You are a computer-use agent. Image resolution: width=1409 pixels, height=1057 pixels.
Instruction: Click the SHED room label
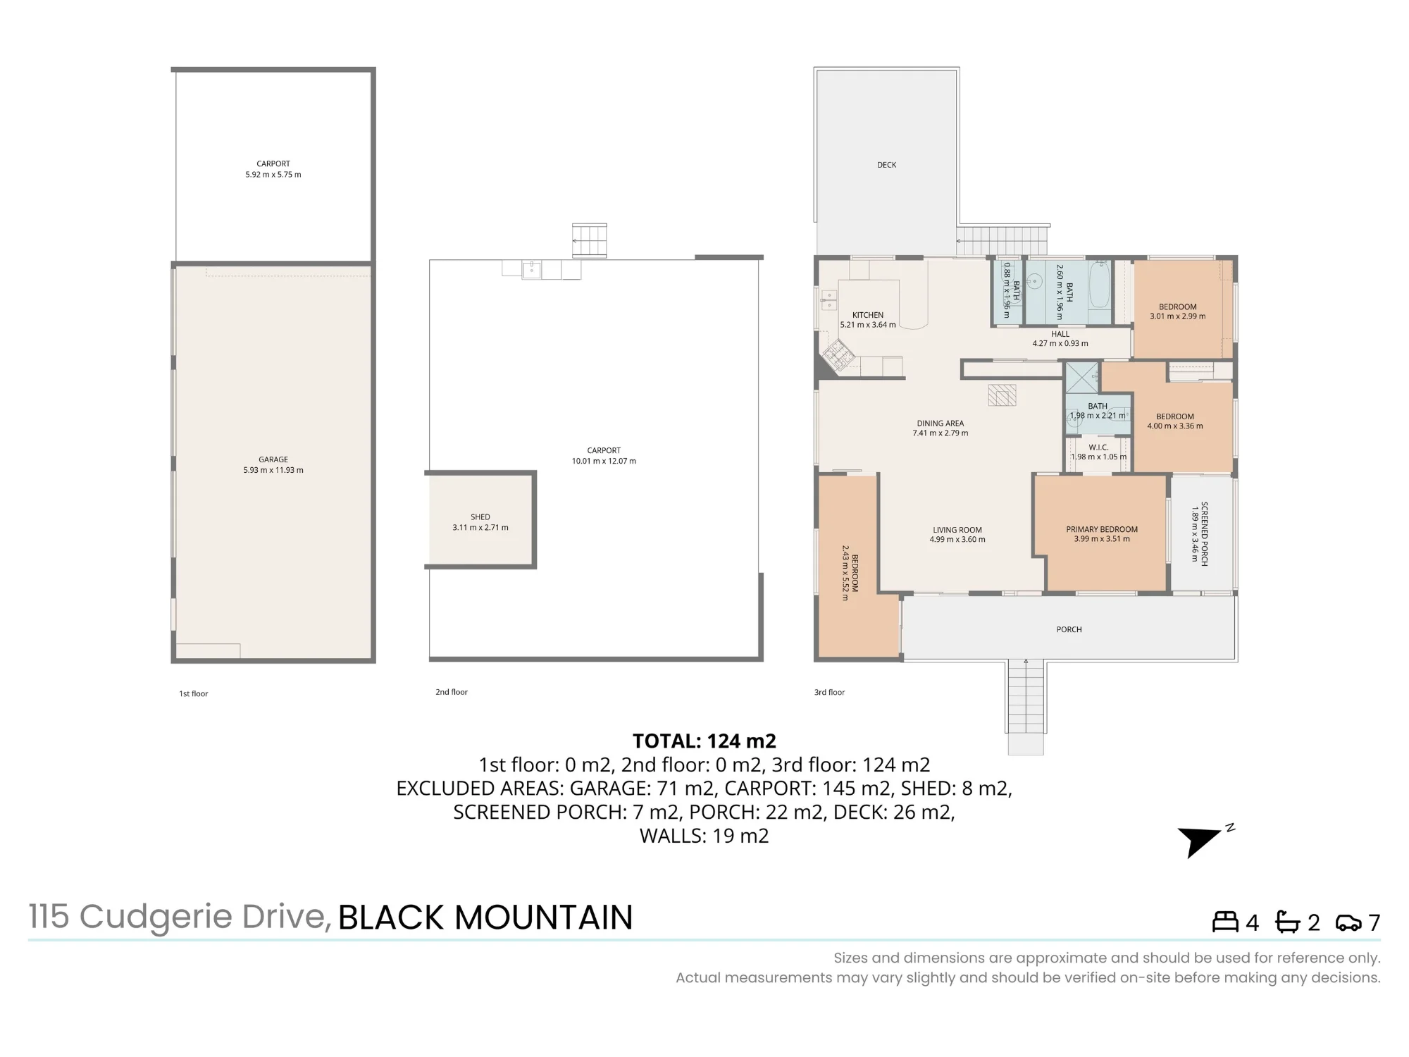(480, 517)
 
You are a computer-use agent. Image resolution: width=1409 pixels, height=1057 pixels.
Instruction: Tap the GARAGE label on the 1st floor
(273, 459)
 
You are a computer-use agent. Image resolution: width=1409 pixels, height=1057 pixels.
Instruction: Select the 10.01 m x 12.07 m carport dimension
(604, 461)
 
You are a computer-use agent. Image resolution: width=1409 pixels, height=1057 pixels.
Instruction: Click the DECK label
(887, 165)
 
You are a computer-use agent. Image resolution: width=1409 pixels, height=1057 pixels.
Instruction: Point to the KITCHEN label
(868, 315)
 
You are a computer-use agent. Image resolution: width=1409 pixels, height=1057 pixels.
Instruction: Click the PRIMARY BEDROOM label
(1102, 529)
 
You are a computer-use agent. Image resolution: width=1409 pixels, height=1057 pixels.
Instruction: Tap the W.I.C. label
(1098, 447)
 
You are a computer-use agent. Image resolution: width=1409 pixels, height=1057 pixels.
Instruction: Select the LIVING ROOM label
(957, 530)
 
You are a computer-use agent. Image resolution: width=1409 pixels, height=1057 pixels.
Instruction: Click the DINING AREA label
(941, 424)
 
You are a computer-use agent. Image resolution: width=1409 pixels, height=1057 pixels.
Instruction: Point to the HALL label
(1060, 334)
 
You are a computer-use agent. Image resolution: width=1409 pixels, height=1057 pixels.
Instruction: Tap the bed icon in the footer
(1225, 922)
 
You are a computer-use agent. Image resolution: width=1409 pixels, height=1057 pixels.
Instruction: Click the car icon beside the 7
(1348, 922)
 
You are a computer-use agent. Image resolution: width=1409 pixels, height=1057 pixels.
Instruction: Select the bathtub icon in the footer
(1288, 922)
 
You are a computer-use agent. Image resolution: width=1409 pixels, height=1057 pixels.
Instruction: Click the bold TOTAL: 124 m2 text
(704, 741)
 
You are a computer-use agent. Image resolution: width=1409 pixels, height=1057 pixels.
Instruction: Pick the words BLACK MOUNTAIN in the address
(485, 917)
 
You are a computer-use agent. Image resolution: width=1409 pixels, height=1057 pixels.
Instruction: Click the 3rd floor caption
(829, 692)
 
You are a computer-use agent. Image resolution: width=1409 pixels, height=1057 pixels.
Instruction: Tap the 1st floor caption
(193, 693)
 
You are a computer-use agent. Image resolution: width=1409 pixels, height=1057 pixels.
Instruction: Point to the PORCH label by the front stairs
(1069, 629)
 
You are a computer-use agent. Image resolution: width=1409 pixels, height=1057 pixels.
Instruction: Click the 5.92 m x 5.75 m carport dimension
(273, 174)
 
